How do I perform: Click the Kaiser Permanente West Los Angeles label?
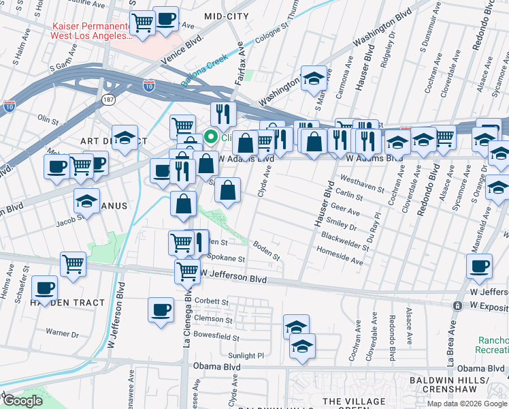pyautogui.click(x=90, y=31)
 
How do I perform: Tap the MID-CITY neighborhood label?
pyautogui.click(x=227, y=14)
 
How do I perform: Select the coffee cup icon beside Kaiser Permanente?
pyautogui.click(x=165, y=20)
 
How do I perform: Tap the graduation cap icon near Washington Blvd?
pyautogui.click(x=314, y=78)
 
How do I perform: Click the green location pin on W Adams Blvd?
pyautogui.click(x=212, y=136)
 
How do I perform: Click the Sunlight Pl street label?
pyautogui.click(x=246, y=355)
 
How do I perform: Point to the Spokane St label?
pyautogui.click(x=227, y=258)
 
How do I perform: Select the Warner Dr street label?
pyautogui.click(x=62, y=333)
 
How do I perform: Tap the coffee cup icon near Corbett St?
pyautogui.click(x=161, y=310)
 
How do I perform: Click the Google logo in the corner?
pyautogui.click(x=23, y=401)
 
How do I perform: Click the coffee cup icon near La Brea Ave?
pyautogui.click(x=480, y=266)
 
